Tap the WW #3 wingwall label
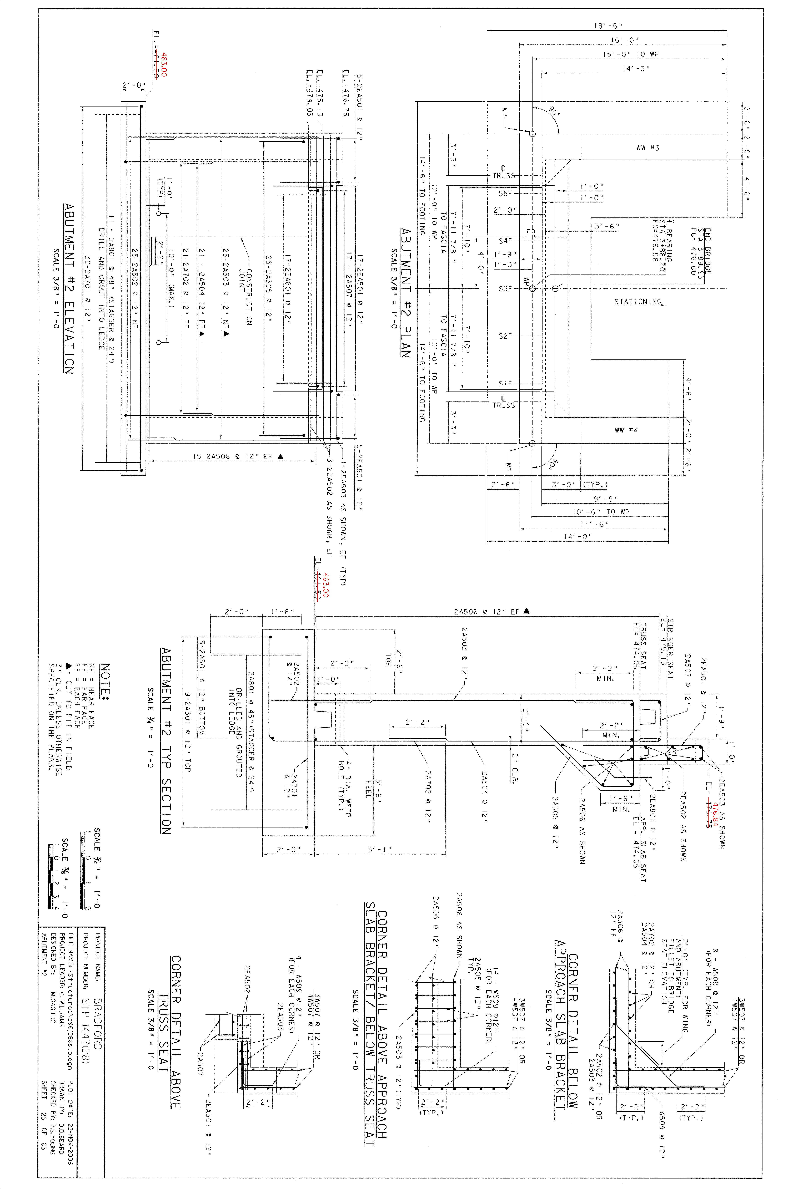point(647,148)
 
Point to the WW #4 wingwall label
point(626,430)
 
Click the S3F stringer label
point(505,289)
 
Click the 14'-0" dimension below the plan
point(578,536)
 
